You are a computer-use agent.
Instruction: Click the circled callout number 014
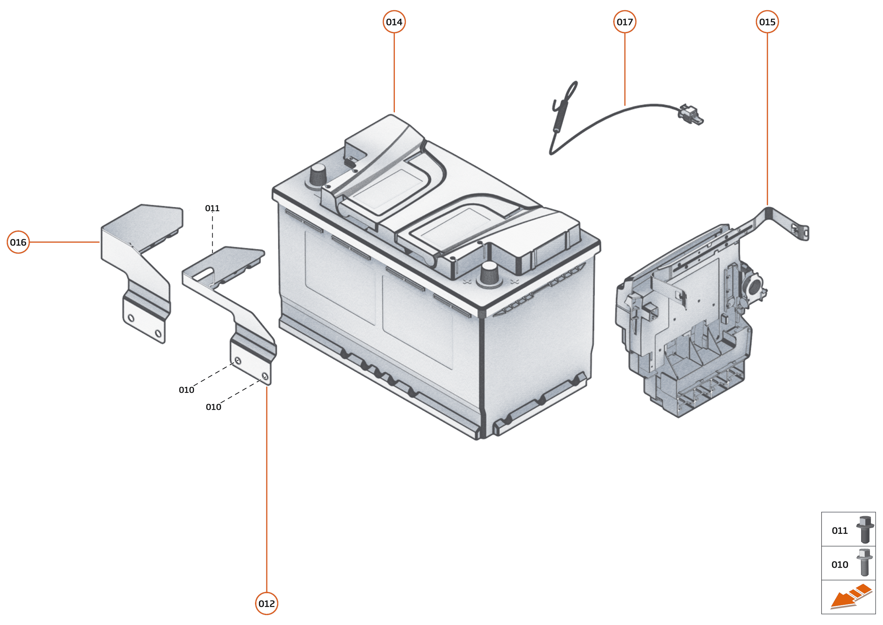click(394, 22)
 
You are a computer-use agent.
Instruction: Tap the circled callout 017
click(624, 22)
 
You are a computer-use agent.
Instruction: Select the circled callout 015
click(767, 22)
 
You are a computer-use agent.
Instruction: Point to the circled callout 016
click(18, 242)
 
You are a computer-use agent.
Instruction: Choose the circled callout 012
click(267, 603)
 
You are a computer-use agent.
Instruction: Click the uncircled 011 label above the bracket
click(212, 208)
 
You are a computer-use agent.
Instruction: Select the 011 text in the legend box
click(840, 531)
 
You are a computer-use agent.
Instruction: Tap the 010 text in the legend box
click(840, 565)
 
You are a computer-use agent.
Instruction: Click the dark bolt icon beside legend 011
click(865, 530)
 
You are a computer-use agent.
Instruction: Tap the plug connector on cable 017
click(691, 114)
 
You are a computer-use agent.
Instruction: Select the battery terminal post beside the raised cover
click(318, 176)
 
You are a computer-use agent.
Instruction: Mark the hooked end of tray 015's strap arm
click(804, 232)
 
